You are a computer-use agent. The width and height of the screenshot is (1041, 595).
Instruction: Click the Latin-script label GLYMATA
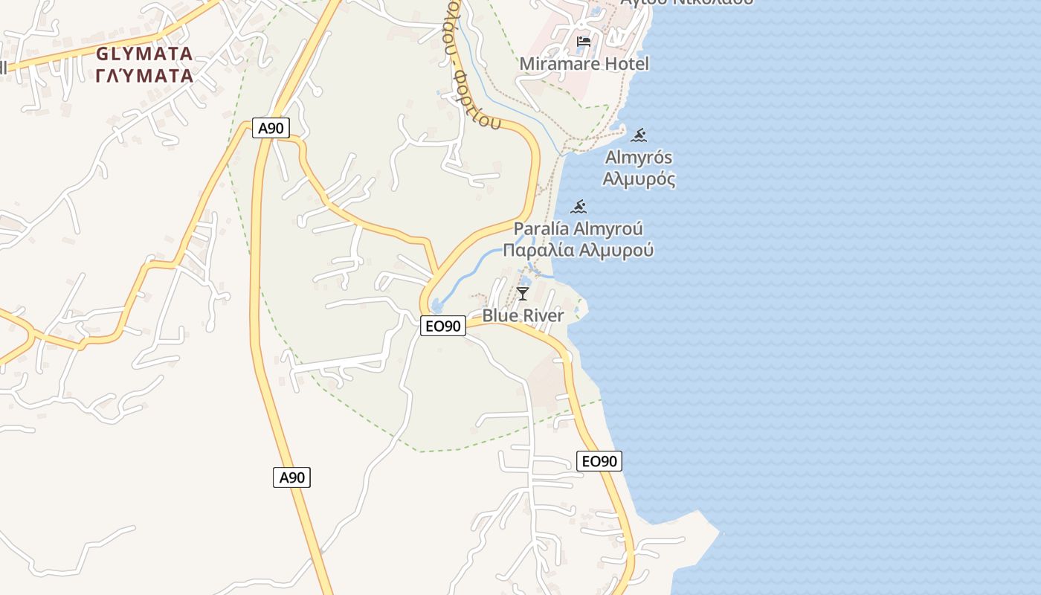pyautogui.click(x=144, y=54)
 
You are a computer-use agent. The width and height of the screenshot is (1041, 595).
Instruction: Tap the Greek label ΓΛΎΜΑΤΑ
pyautogui.click(x=144, y=75)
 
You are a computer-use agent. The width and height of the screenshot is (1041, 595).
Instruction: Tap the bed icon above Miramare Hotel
pyautogui.click(x=584, y=41)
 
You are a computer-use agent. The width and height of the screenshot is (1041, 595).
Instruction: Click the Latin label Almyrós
pyautogui.click(x=639, y=158)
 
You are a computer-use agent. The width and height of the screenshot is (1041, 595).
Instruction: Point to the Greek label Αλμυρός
pyautogui.click(x=639, y=178)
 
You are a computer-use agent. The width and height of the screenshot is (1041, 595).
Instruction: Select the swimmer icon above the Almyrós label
pyautogui.click(x=639, y=135)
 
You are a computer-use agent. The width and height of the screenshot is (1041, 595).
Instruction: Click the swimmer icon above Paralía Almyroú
pyautogui.click(x=579, y=206)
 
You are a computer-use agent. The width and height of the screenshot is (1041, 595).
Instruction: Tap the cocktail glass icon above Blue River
pyautogui.click(x=523, y=293)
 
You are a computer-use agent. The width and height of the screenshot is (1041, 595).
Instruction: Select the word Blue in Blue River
pyautogui.click(x=500, y=315)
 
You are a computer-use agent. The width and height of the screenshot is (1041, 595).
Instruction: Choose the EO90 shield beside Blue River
pyautogui.click(x=443, y=325)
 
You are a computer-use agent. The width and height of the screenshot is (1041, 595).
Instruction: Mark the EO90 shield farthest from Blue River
pyautogui.click(x=599, y=461)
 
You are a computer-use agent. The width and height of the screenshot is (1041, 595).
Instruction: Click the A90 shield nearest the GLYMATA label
pyautogui.click(x=271, y=128)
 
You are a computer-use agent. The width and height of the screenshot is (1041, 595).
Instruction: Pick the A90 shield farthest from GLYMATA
pyautogui.click(x=291, y=477)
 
